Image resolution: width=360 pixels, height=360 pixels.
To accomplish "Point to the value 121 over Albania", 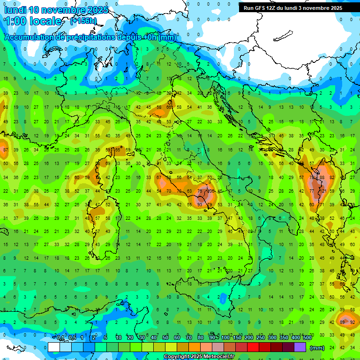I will point(322,191).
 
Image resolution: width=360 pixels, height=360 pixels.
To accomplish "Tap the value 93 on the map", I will point(200,205).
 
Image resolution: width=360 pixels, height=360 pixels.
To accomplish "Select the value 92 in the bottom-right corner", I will point(352,322).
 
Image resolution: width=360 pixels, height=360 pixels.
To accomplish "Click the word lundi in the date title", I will point(15,10).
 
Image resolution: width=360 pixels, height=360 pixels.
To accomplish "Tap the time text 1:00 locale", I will point(33,21).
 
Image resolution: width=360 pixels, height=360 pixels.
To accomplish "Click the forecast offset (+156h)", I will point(83,21).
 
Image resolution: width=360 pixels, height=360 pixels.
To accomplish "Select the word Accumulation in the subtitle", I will point(30,37).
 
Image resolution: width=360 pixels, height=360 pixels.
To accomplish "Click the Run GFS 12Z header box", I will point(293,8).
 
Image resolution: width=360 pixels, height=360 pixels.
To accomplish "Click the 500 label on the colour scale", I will point(307,338).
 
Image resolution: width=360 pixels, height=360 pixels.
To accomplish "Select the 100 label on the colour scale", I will point(225,338).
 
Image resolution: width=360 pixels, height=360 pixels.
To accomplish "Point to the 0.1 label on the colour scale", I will point(60,338).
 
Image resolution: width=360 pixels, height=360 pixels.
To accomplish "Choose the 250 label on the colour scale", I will point(261,338).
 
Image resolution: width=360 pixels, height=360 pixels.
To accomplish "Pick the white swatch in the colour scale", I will point(54,347).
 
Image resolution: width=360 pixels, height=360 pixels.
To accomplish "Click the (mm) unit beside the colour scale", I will point(317,347).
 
